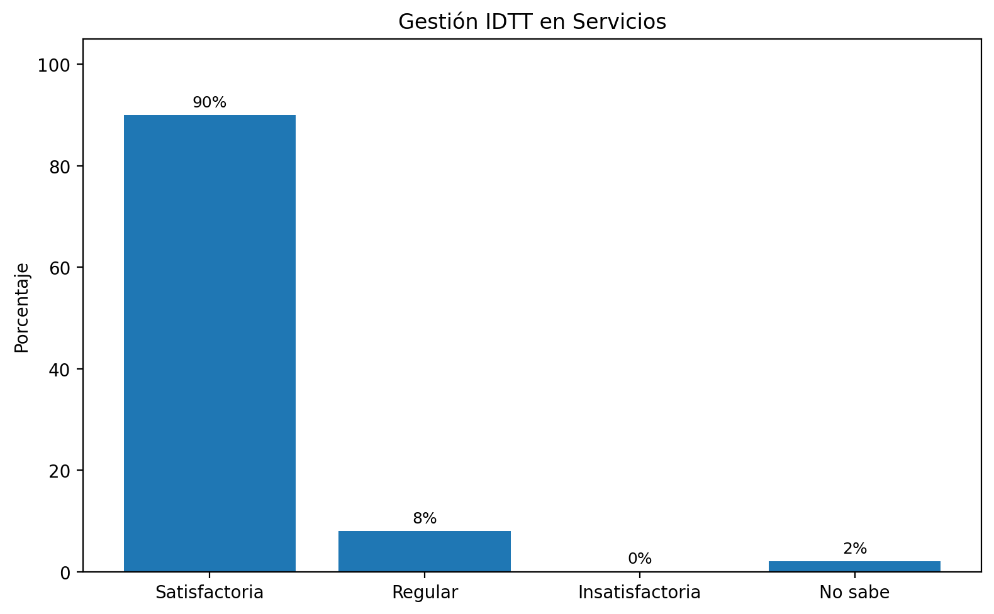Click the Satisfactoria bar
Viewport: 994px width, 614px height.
(x=209, y=343)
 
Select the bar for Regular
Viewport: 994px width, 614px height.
(x=425, y=551)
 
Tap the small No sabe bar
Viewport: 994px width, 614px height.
(x=854, y=566)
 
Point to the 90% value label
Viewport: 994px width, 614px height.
(x=209, y=102)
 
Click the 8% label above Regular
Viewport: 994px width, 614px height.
(x=425, y=518)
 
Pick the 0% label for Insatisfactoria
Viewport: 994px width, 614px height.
(x=640, y=559)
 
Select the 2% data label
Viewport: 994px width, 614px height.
(x=855, y=549)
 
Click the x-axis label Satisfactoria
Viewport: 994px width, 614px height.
(x=209, y=592)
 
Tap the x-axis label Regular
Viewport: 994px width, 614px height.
(x=425, y=592)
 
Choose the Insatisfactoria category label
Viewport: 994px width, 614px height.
(x=639, y=592)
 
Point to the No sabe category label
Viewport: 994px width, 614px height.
(x=854, y=592)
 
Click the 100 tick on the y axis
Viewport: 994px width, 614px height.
(x=56, y=65)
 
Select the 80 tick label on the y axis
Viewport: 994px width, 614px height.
(x=60, y=167)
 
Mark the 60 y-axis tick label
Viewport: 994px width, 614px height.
(x=60, y=268)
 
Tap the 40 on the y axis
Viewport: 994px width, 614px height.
(x=60, y=369)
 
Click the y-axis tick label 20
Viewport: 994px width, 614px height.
(x=60, y=471)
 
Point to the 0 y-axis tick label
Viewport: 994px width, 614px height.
(x=65, y=572)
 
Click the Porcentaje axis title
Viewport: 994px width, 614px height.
(x=22, y=308)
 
